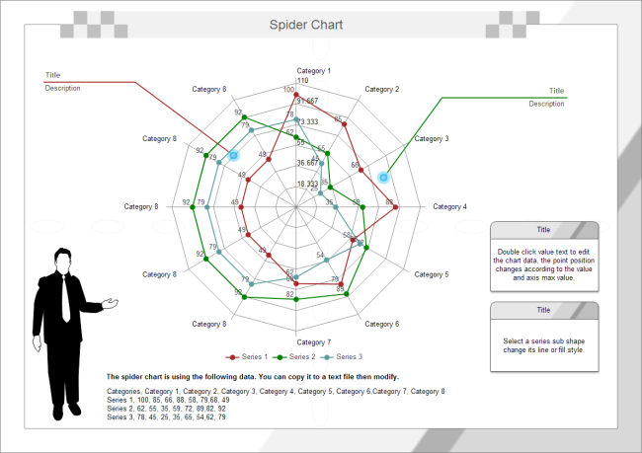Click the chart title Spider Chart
point(306,25)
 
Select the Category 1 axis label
point(314,71)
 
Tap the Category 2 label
point(382,90)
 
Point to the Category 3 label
point(431,139)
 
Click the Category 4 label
point(450,207)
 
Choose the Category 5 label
point(431,274)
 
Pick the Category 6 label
point(382,324)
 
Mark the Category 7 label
point(314,341)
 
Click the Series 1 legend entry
point(249,356)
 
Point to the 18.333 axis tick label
point(308,185)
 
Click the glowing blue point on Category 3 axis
point(383,177)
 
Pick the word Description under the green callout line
point(546,104)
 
